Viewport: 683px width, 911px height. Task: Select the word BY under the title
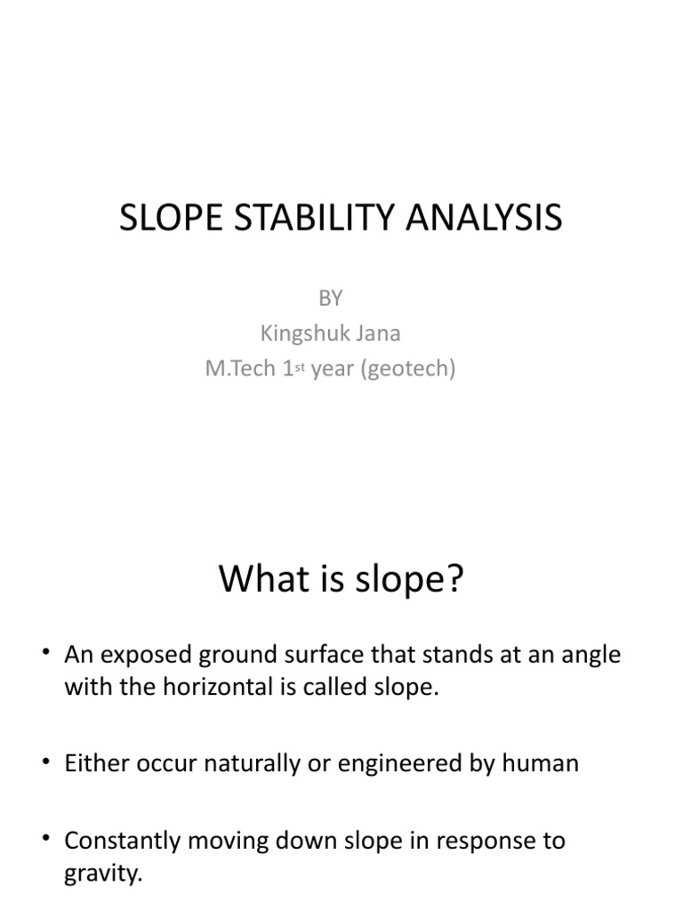coord(330,299)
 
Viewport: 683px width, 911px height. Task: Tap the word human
coord(543,763)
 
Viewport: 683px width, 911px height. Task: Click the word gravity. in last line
coord(103,873)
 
